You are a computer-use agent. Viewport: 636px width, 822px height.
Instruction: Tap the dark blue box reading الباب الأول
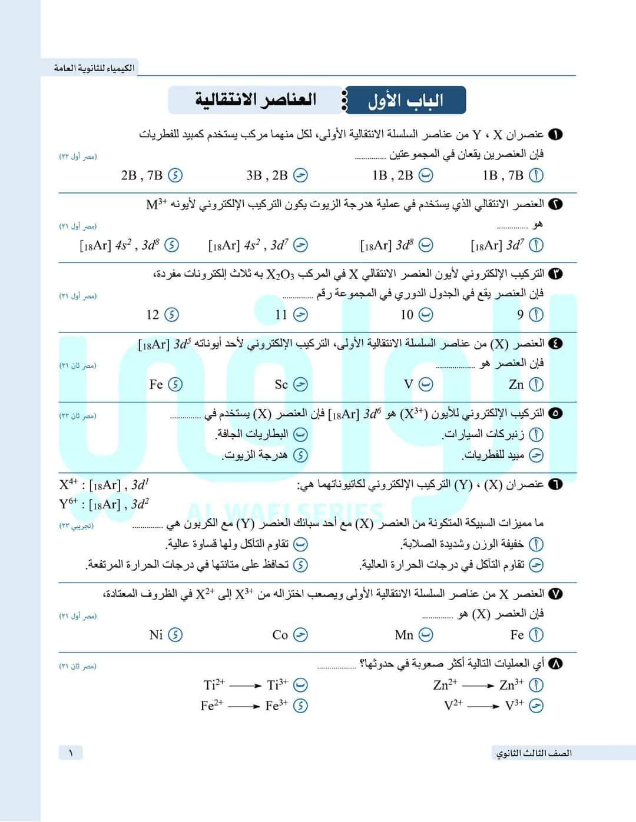click(406, 101)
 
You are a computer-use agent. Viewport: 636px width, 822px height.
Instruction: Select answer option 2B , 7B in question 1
click(142, 175)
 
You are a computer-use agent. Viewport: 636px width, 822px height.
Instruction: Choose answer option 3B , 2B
click(267, 175)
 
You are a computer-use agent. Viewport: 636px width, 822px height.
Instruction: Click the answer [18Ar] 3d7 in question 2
click(497, 245)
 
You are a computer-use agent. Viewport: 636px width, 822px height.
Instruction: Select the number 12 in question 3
click(153, 315)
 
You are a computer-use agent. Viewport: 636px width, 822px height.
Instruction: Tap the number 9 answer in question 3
click(521, 315)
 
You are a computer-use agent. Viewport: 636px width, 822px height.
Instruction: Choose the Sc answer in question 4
click(281, 385)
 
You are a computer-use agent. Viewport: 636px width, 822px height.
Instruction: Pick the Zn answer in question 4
click(516, 385)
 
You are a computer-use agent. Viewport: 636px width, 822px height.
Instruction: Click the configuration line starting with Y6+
click(104, 504)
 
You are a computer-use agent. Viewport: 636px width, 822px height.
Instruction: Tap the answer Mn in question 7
click(405, 635)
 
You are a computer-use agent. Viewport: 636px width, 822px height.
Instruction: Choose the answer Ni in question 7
click(156, 635)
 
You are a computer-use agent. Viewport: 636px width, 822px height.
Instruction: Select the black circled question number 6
click(555, 484)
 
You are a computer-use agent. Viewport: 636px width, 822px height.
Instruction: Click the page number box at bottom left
click(71, 753)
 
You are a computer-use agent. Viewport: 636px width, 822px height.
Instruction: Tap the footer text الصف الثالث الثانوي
click(534, 753)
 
